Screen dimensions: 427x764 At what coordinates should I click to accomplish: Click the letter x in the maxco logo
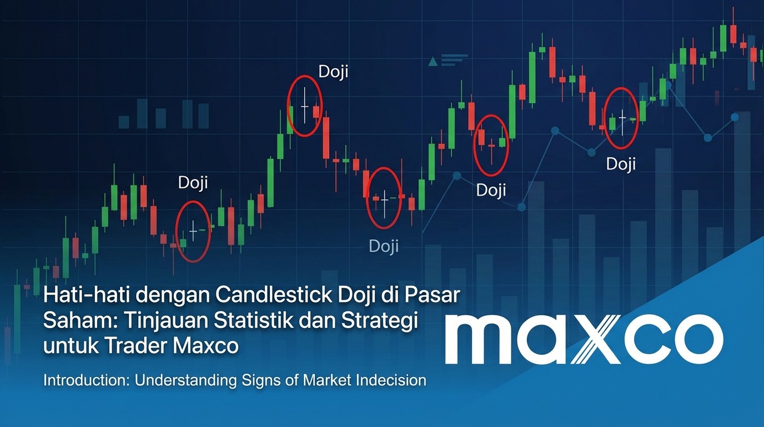pos(601,339)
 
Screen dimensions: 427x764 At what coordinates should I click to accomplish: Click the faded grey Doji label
pos(384,246)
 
